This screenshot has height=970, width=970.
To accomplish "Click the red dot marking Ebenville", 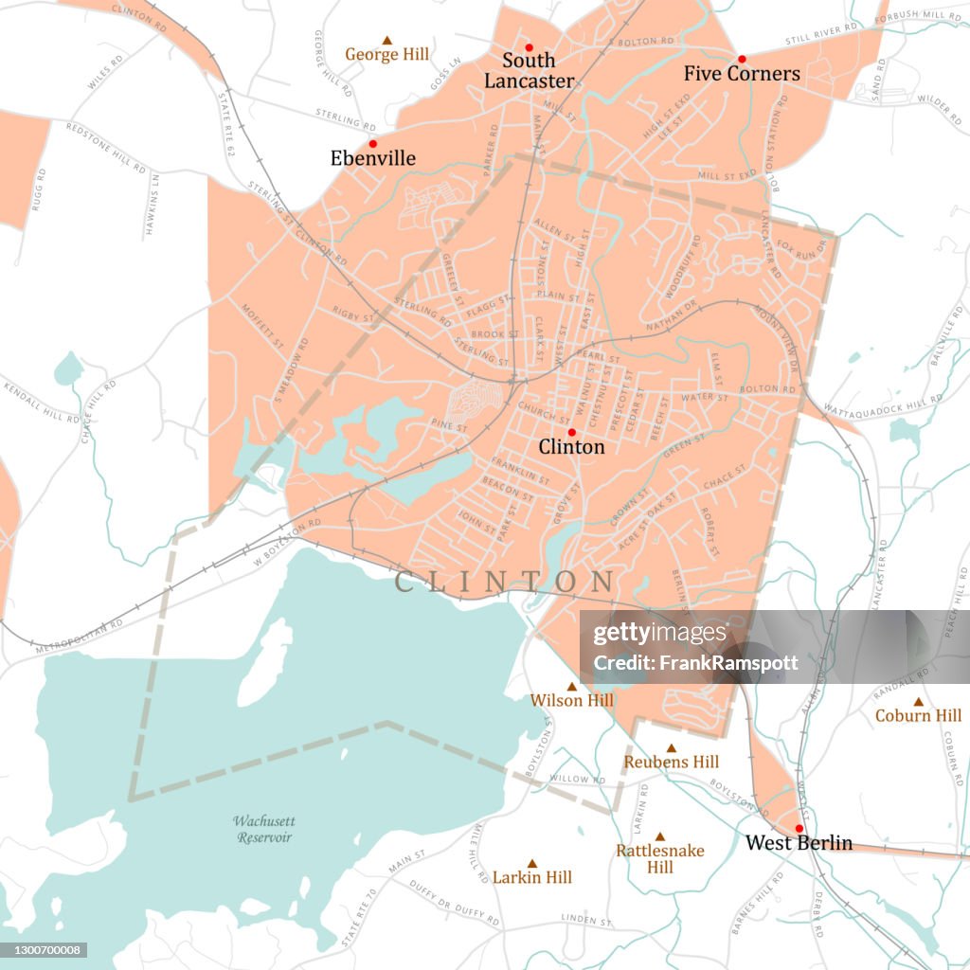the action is [372, 144].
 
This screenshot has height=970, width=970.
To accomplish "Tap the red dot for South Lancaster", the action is [529, 47].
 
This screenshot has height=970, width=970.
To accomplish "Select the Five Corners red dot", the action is [742, 59].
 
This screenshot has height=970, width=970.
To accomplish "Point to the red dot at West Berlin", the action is [799, 828].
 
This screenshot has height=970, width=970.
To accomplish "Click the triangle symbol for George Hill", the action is [386, 40].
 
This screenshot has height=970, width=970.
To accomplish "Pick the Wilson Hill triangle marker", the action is [571, 687].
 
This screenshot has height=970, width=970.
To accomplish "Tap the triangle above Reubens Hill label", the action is [671, 748].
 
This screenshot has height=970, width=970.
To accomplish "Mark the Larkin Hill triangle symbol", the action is [531, 864].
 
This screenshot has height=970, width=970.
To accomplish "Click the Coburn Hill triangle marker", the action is [917, 702].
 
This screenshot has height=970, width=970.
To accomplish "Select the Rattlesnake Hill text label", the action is [660, 858].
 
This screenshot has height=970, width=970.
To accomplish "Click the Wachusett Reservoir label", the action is [264, 829].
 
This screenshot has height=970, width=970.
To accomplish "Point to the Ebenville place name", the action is [372, 158].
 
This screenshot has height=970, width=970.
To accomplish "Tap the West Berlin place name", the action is [799, 843].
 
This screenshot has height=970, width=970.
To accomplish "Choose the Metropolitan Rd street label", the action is [80, 637].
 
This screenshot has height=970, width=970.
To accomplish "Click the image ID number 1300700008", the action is [44, 949].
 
